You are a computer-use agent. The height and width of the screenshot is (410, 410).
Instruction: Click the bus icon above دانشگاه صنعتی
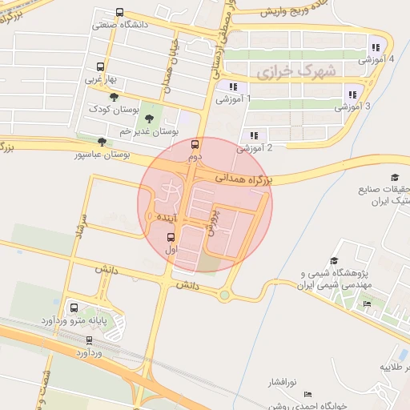119,13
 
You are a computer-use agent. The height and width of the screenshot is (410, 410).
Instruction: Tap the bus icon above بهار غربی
100,67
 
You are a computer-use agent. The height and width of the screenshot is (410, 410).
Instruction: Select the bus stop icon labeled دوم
195,145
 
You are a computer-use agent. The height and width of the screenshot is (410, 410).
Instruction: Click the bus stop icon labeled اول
171,237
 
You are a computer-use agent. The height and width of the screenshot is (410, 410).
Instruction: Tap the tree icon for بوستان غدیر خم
150,118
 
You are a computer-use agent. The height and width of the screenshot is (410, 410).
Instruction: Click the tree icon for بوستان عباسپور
100,142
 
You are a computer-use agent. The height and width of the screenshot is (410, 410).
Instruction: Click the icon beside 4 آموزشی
376,47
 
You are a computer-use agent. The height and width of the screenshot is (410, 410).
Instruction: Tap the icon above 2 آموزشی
254,135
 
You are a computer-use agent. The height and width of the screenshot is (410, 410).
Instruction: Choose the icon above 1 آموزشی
232,87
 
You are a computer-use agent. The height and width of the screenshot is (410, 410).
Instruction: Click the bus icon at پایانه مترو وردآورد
74,308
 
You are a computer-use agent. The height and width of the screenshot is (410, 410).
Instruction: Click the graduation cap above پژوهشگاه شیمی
334,261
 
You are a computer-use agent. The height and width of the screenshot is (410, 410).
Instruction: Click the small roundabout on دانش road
225,295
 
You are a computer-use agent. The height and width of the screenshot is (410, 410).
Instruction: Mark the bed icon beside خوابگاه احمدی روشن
308,395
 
